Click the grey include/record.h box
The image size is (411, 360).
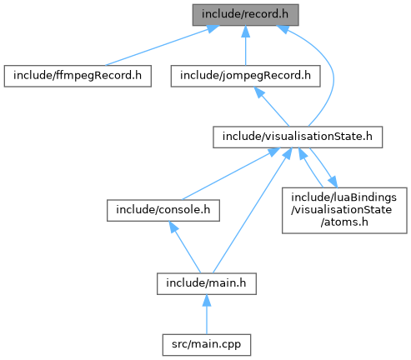coord(245,15)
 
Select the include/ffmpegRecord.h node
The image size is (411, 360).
coord(78,76)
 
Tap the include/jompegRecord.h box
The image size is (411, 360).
coord(245,76)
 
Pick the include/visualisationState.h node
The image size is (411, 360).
coord(298,137)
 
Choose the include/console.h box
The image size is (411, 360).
coord(163,211)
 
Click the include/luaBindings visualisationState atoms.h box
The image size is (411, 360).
coord(344,211)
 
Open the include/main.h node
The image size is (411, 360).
coord(207,284)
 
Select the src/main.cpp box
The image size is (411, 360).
coord(207,345)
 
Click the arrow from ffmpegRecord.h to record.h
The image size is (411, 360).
coord(162,46)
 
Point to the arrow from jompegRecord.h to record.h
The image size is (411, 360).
coord(245,46)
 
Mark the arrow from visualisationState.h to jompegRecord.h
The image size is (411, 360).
coord(272,107)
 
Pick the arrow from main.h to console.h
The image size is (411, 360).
coord(184,247)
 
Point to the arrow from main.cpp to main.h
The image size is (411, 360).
coord(207,314)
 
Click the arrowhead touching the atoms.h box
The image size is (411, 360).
coord(333,182)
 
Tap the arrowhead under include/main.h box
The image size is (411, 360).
coord(207,301)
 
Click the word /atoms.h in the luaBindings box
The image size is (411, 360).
coord(344,222)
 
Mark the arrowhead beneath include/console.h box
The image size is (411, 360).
coord(173,227)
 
